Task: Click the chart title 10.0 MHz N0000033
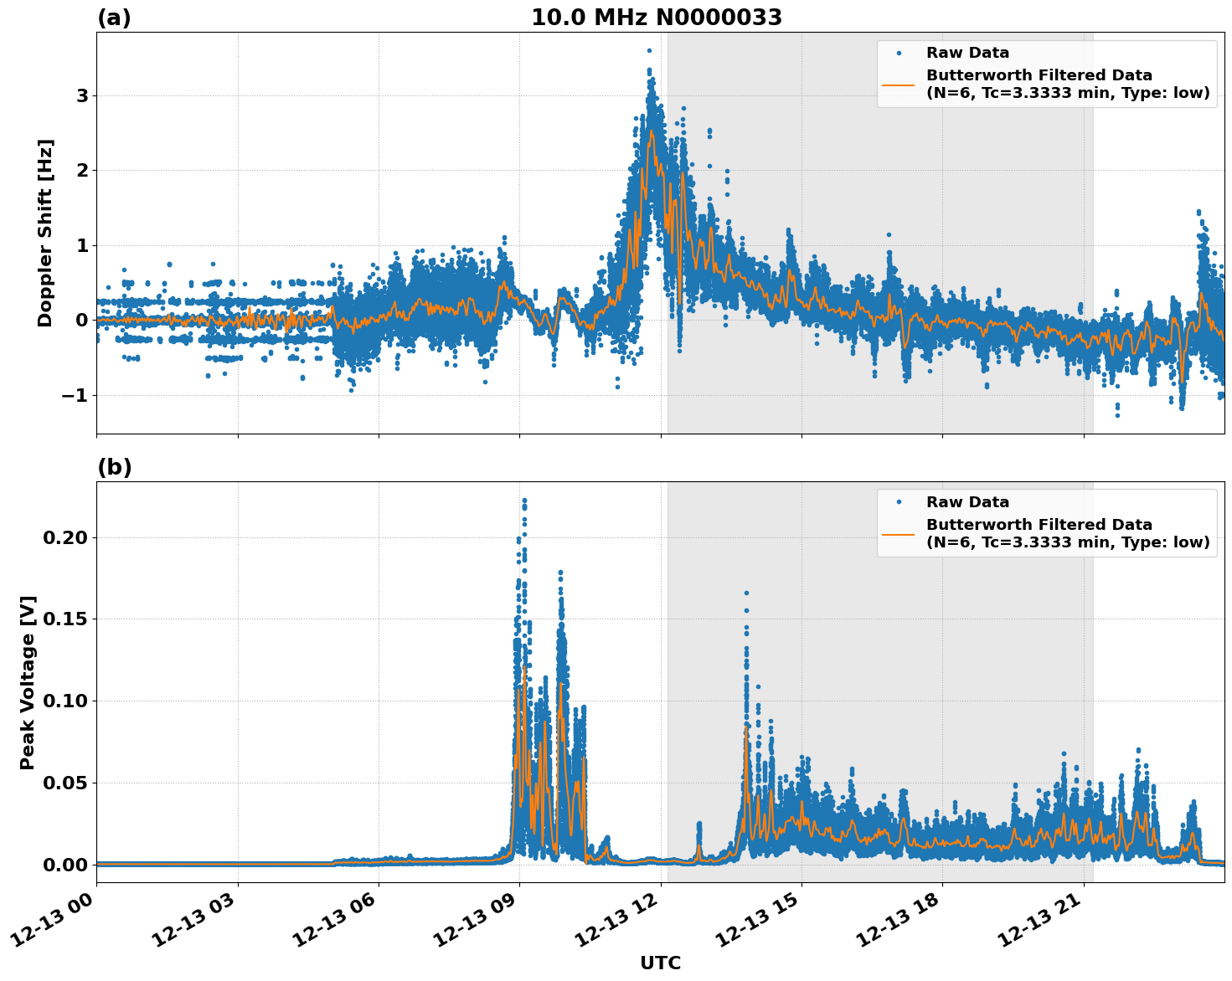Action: coord(657,18)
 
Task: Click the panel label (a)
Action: coord(114,18)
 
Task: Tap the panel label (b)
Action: coord(114,467)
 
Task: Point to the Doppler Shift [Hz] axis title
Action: coord(45,233)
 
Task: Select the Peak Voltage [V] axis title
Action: coord(28,682)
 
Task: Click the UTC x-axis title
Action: coord(660,963)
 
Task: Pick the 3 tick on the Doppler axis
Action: coord(82,95)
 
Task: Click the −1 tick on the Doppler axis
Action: coord(75,395)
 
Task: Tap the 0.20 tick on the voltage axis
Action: coord(65,537)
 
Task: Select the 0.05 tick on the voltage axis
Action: coord(65,783)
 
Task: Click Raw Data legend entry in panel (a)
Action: coord(967,53)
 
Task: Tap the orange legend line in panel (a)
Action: coord(899,84)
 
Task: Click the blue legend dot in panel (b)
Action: coord(899,502)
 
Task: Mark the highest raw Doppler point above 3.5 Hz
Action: coord(649,50)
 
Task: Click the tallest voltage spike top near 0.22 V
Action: coord(524,501)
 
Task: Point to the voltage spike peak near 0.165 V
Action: coord(746,593)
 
